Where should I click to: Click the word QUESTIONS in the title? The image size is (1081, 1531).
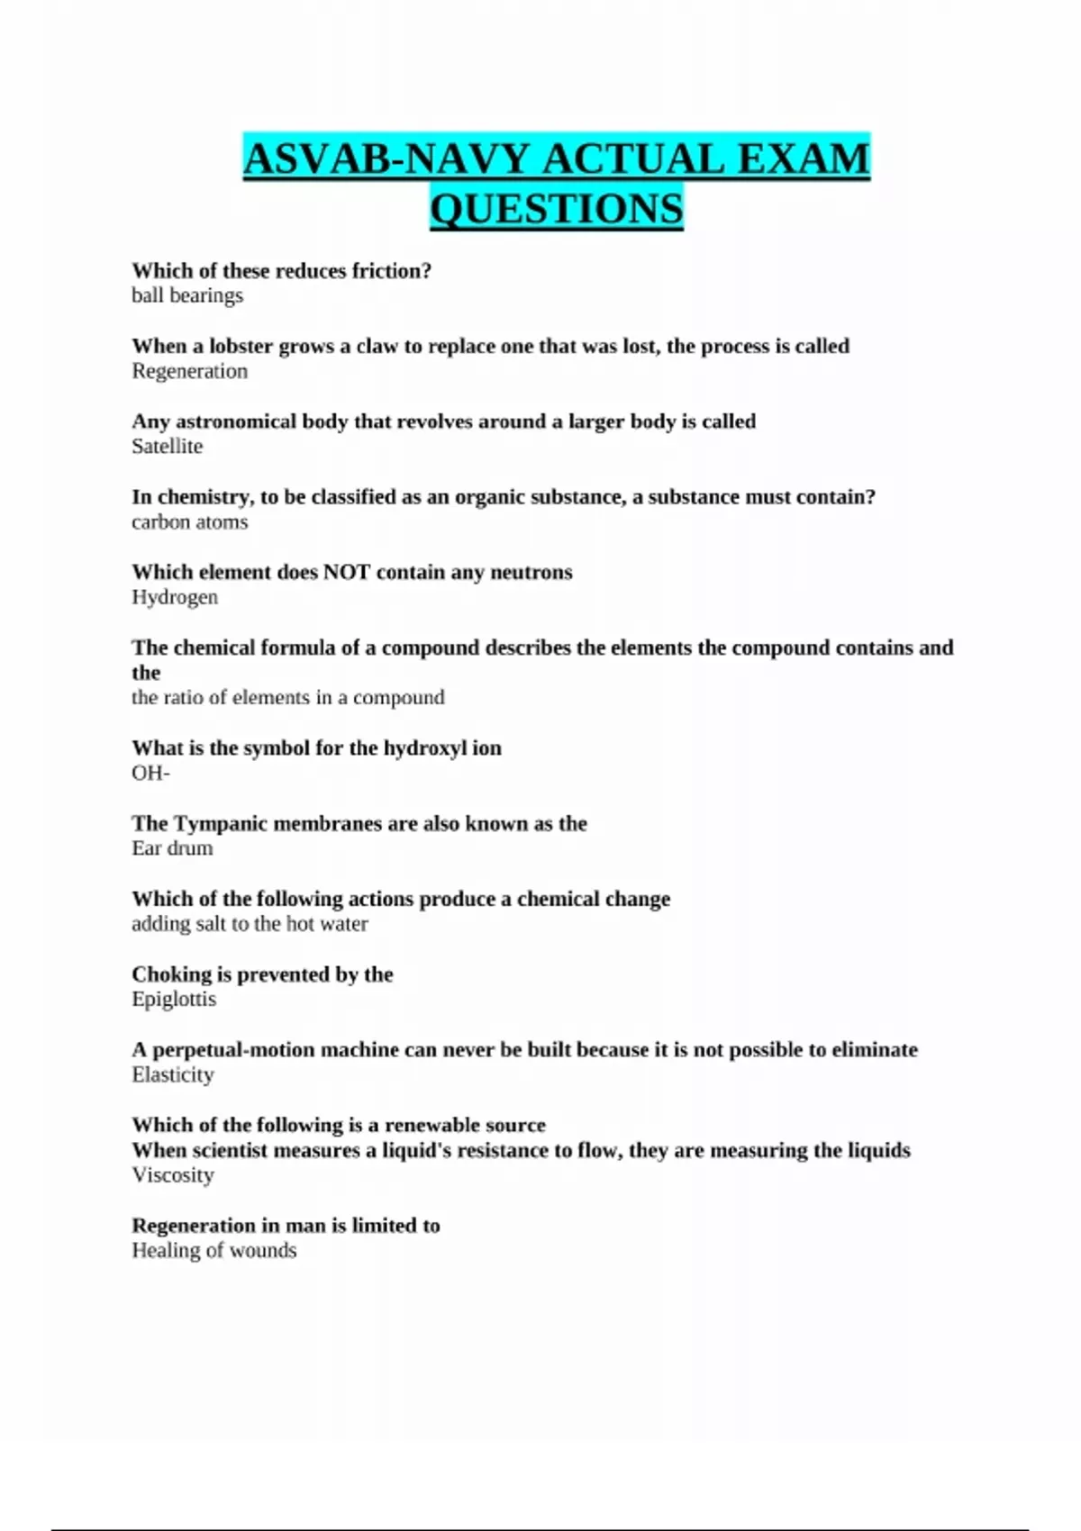click(557, 209)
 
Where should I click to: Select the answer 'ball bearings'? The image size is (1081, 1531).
click(187, 295)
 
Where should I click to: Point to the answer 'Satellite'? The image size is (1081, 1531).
click(168, 446)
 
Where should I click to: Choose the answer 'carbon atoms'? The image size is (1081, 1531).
click(189, 521)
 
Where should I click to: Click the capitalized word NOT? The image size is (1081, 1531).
click(346, 572)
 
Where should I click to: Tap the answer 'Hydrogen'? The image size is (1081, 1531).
click(175, 597)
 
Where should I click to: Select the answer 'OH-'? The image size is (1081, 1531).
click(150, 773)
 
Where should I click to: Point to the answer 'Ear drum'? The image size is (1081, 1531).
click(172, 848)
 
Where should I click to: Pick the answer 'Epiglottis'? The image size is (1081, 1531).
click(174, 999)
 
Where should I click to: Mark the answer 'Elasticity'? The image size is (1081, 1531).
click(173, 1074)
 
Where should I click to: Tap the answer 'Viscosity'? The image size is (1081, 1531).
click(173, 1175)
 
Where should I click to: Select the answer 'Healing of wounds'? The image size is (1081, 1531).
click(213, 1250)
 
